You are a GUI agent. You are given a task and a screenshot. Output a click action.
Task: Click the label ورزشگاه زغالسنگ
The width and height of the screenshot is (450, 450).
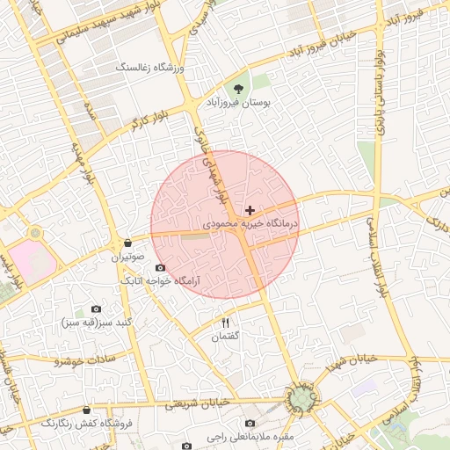tap(150, 67)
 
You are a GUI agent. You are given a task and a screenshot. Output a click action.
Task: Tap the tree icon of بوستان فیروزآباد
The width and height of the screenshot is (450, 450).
tap(237, 88)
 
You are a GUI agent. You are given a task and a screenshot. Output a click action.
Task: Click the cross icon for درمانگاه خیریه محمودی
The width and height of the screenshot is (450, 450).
tap(250, 210)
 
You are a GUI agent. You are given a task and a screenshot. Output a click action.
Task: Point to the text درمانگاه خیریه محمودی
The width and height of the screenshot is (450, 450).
tap(250, 225)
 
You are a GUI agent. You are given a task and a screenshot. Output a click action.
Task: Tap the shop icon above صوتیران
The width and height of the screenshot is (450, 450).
tap(128, 243)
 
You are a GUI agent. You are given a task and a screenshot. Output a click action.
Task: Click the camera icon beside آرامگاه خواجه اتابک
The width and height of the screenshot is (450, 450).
tap(159, 267)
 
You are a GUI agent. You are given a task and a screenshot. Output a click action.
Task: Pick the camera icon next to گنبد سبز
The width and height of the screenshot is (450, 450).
tap(96, 309)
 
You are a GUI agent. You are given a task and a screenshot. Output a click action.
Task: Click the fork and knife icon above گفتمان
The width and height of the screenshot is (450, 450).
tap(225, 323)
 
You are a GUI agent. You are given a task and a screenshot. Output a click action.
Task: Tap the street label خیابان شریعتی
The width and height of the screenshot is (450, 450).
tap(197, 404)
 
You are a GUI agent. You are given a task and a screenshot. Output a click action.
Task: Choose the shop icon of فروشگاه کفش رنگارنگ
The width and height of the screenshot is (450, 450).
tap(86, 410)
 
